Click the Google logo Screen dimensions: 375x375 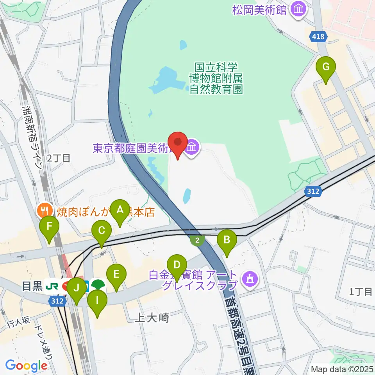pos(26,366)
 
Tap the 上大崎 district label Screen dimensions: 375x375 pos(151,318)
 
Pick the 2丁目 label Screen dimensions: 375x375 pos(59,158)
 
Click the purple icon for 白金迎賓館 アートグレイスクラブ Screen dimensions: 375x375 pos(250,279)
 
